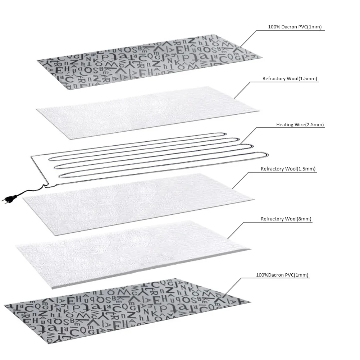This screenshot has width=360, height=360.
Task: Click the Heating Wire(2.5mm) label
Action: coord(300,125)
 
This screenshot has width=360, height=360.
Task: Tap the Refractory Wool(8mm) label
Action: coord(286,219)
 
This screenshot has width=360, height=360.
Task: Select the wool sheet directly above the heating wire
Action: coord(147,108)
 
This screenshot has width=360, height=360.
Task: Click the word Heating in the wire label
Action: coord(284,125)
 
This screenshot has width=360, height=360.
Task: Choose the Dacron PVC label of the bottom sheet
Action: coord(282,275)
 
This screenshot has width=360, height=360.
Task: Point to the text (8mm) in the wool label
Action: coord(304,219)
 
